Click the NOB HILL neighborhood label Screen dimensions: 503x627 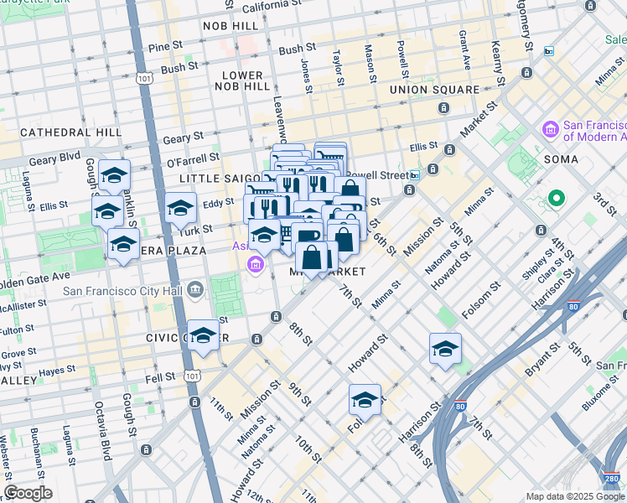[x=231, y=27]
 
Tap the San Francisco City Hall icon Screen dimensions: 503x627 [x=195, y=291]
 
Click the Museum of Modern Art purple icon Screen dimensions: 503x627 [x=551, y=129]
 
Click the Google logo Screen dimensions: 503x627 [x=28, y=492]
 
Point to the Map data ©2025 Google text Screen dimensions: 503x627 [x=574, y=496]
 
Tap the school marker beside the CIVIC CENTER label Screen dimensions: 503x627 [x=202, y=337]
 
